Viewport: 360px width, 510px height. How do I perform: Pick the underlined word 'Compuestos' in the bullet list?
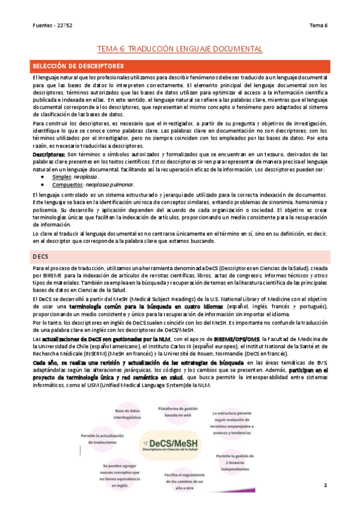[x=68, y=185]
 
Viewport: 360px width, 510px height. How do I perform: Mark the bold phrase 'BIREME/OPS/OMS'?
[x=237, y=340]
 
